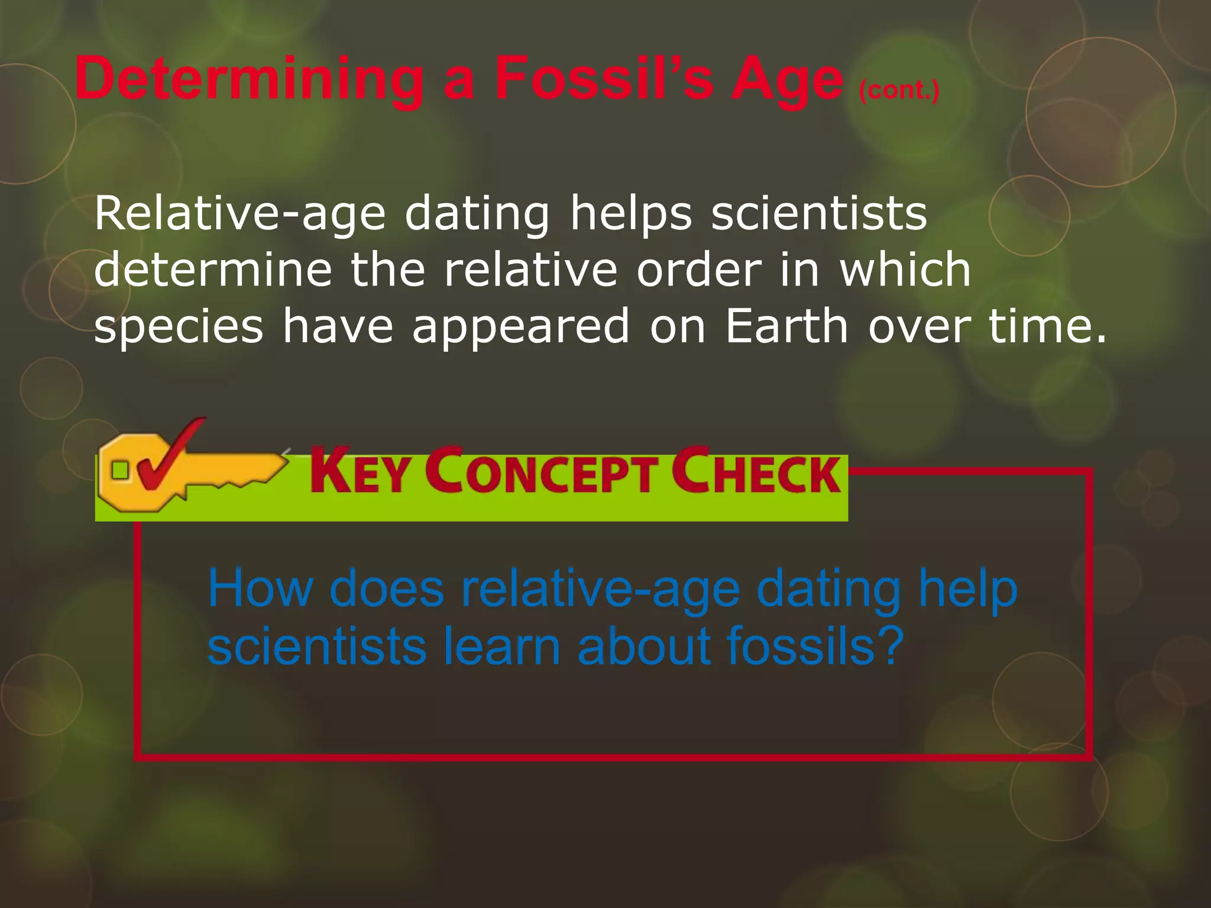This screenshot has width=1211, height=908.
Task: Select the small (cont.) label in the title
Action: tap(898, 91)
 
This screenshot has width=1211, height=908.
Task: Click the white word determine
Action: tap(213, 270)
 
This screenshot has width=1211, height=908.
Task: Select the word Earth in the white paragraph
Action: tap(787, 326)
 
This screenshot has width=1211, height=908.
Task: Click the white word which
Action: tap(905, 270)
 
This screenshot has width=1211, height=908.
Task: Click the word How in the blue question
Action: tap(260, 589)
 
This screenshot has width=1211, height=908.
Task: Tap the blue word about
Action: tap(644, 646)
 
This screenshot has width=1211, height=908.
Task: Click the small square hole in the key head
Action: tap(120, 471)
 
